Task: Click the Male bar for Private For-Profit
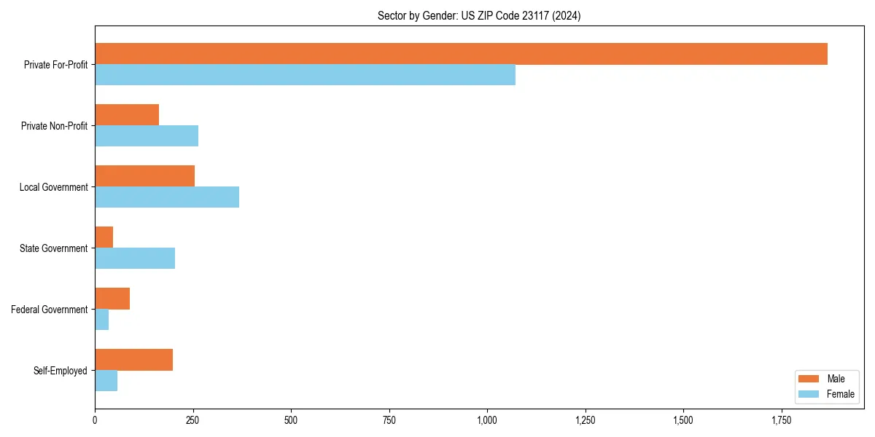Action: [x=461, y=54]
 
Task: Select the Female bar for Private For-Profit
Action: [x=305, y=75]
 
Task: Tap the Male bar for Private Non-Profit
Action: [x=127, y=115]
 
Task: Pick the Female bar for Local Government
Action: [x=167, y=197]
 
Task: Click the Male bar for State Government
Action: [x=104, y=237]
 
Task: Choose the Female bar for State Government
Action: [x=135, y=259]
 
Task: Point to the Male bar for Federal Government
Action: [x=112, y=299]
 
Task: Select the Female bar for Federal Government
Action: [x=102, y=320]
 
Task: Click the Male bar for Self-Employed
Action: [x=134, y=360]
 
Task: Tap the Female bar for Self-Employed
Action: [x=106, y=381]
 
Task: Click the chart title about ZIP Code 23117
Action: [x=479, y=15]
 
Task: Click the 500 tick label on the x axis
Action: [x=291, y=421]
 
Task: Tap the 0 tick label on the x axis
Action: [x=95, y=421]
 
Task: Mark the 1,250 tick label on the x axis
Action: [x=585, y=421]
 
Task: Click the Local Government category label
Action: [x=53, y=187]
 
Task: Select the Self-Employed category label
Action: [x=60, y=371]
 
